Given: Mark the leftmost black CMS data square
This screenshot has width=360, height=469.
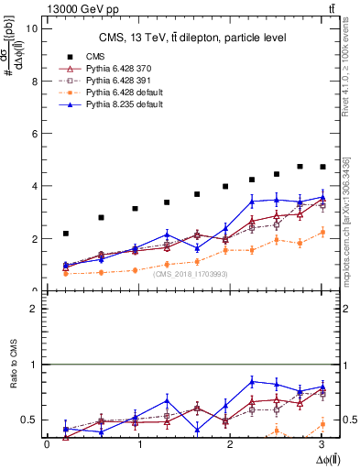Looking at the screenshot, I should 66,234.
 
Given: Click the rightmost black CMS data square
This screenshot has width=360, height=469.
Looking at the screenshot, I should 322,167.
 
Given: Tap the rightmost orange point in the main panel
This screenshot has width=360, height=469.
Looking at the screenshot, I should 322,233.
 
